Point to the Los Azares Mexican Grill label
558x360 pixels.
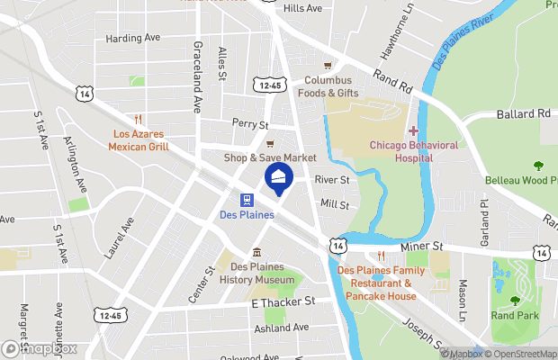(x=139, y=139)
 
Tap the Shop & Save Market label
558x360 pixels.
(x=270, y=157)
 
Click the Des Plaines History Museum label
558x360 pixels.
(x=256, y=274)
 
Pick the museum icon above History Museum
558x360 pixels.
(x=256, y=252)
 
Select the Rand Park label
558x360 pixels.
(x=514, y=315)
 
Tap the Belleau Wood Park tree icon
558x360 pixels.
(x=539, y=165)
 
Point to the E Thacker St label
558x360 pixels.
(x=283, y=303)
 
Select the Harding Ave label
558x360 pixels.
(x=132, y=39)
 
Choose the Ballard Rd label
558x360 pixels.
(x=524, y=114)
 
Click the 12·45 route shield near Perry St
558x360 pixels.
(x=267, y=85)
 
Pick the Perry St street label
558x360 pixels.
(x=250, y=123)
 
